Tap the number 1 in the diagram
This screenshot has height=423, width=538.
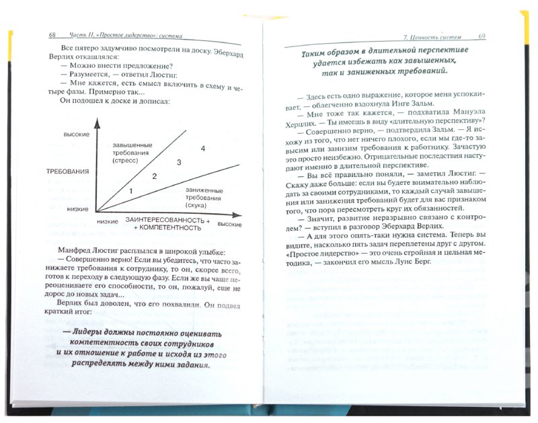point(132,192)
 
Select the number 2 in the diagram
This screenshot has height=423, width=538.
point(154,176)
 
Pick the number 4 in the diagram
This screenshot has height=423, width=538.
point(202,148)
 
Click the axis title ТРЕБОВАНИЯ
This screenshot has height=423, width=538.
point(69,171)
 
